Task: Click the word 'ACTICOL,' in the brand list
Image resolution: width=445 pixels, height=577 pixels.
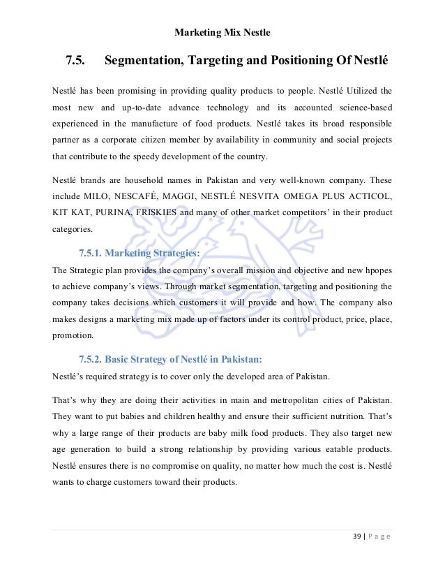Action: [366, 191]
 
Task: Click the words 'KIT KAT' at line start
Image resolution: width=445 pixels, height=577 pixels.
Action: [72, 210]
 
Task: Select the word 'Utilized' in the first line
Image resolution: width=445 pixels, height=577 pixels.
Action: [354, 90]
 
